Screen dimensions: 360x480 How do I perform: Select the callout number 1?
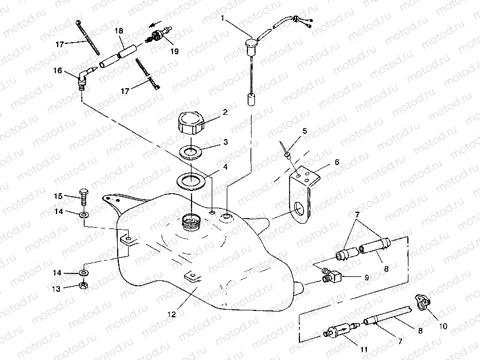pos(223,18)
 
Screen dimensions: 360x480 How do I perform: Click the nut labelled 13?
pos(84,285)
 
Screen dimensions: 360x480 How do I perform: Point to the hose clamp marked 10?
pos(423,302)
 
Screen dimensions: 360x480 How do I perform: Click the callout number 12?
pos(171,315)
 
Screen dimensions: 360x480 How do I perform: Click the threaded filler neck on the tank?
pos(190,221)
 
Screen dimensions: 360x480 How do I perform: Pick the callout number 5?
pos(305,132)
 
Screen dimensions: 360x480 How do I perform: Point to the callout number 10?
pos(442,325)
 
